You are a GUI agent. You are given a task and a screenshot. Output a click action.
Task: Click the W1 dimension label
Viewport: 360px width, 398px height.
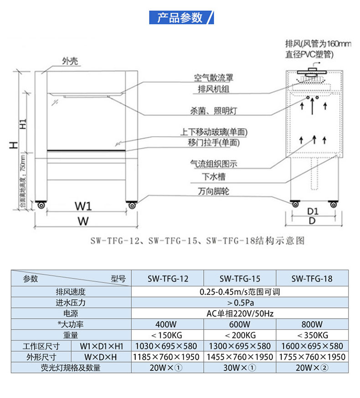83,207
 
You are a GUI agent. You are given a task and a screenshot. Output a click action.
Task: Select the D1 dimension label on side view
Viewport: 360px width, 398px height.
312,211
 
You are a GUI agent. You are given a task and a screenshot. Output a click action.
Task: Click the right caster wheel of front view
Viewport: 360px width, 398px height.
132,206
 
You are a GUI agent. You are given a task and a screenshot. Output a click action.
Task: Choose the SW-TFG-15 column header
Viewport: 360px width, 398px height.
240,279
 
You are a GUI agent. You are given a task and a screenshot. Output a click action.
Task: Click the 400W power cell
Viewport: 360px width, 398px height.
168,324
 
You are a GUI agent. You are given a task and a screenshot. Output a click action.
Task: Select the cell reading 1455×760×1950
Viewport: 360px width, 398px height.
240,357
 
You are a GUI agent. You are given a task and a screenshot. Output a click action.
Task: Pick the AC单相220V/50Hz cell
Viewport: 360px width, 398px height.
240,313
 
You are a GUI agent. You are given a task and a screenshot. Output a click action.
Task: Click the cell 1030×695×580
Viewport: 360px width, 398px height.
168,346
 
